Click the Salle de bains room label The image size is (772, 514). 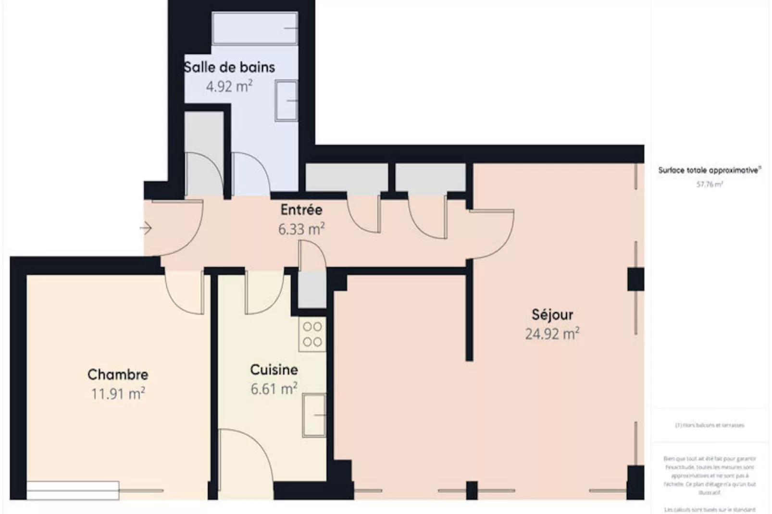[x=229, y=67]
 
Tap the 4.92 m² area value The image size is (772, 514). [x=229, y=86]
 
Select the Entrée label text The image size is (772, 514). [x=301, y=210]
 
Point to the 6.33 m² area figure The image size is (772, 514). [x=301, y=229]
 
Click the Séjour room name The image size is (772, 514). [x=552, y=315]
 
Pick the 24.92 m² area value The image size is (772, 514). [x=552, y=334]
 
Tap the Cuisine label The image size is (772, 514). [x=274, y=370]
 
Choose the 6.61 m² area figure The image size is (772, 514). [x=274, y=389]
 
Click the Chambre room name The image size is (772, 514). [x=118, y=375]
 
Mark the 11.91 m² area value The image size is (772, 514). [x=118, y=394]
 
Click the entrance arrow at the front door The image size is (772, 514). [x=146, y=228]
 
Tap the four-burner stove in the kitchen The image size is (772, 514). [x=312, y=334]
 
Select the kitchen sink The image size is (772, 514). [x=314, y=415]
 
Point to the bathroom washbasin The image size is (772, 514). [x=286, y=100]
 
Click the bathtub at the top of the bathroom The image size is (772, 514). [x=255, y=29]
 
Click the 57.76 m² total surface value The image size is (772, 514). [x=710, y=184]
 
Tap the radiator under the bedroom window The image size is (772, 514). [x=73, y=490]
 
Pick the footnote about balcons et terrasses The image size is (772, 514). [x=710, y=425]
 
